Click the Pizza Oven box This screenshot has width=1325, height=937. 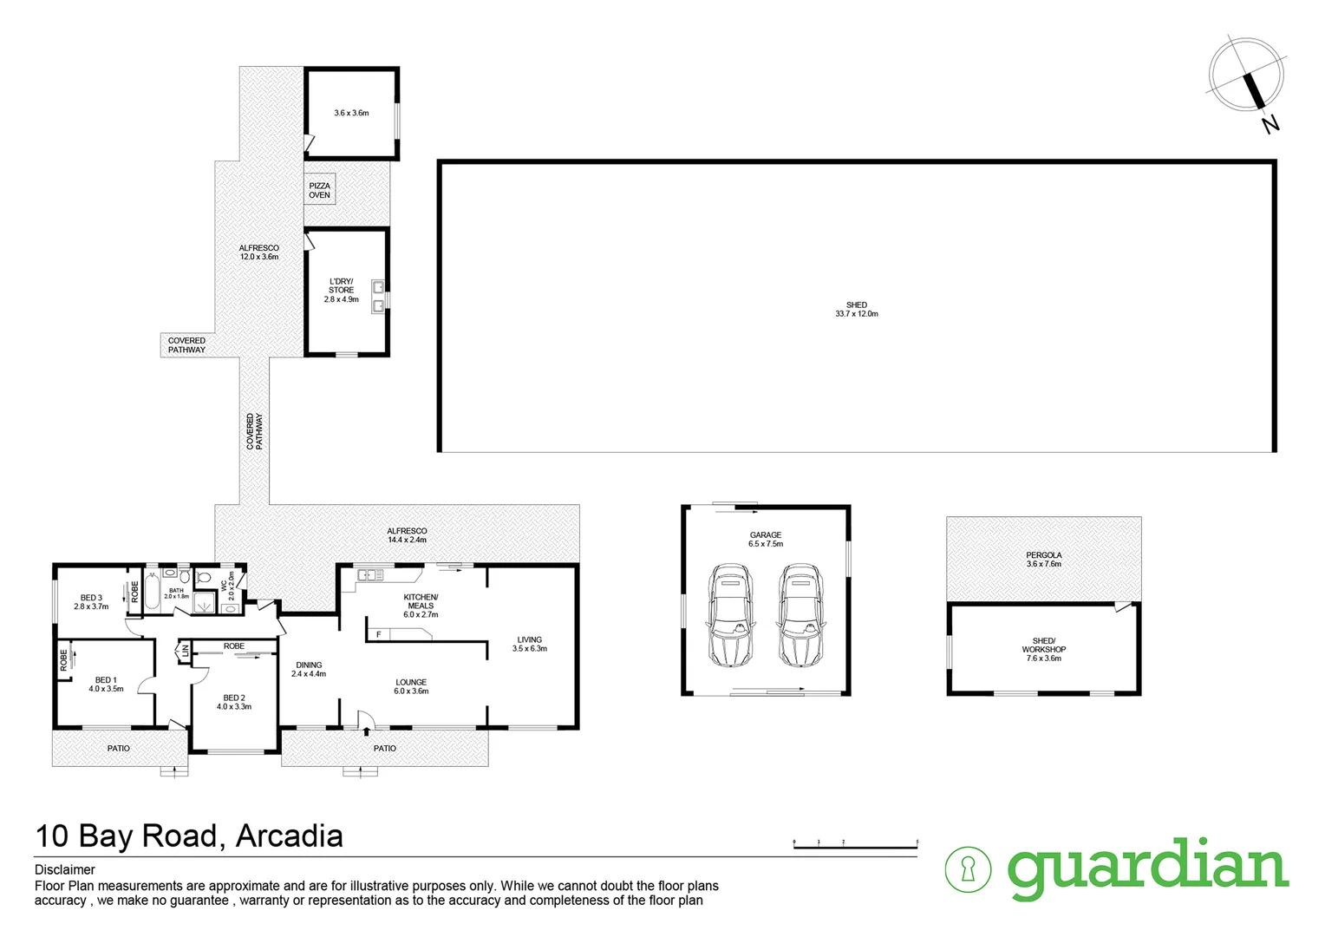point(319,190)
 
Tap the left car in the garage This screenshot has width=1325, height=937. point(731,615)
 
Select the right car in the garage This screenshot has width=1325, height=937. point(799,615)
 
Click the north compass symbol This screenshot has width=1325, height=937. point(1247,78)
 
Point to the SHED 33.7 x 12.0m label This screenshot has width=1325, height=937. point(856,309)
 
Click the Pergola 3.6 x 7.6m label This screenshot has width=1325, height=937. point(1043,560)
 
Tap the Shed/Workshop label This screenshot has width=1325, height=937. point(1043,650)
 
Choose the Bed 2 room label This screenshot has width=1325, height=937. point(234,702)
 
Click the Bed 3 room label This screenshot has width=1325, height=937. point(91,602)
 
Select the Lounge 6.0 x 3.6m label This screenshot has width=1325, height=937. point(411,687)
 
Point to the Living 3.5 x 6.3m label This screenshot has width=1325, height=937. point(529,644)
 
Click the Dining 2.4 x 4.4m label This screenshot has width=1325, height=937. point(309,669)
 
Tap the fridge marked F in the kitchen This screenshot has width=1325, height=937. point(378,634)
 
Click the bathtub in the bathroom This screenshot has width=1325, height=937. point(151,590)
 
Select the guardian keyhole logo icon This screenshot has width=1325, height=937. point(968,868)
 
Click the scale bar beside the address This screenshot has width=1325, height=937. point(855,842)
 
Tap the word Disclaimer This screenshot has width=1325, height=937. point(65,869)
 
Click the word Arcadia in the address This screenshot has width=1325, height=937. point(289,835)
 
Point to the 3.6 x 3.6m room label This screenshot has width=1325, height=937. point(351,113)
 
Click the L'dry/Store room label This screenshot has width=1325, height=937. point(341,290)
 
